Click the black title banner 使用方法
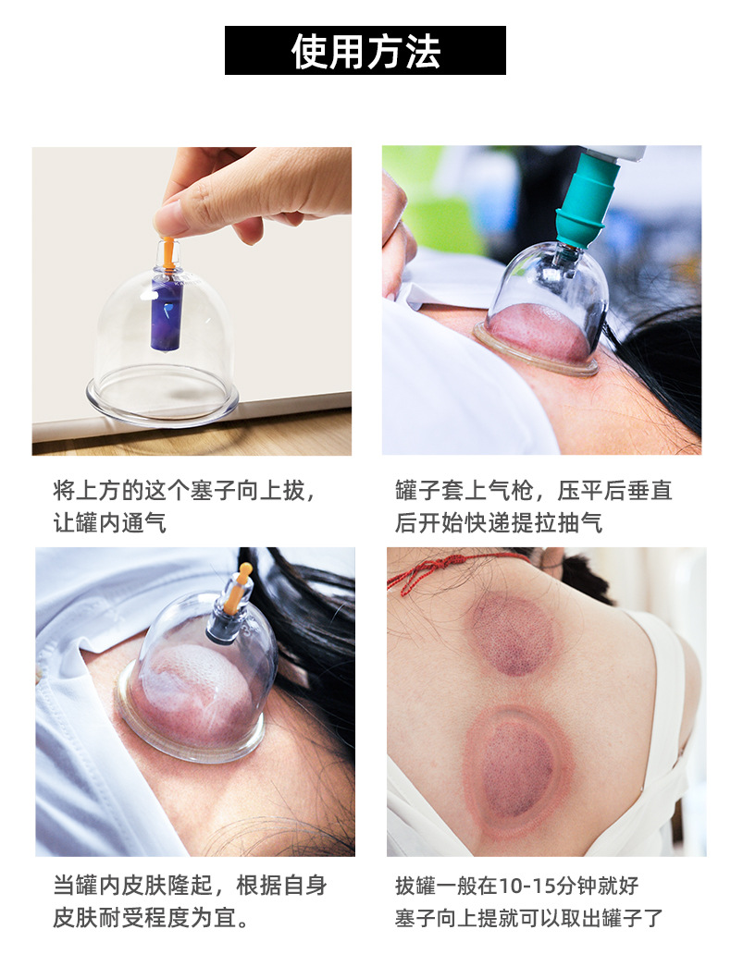(x=365, y=51)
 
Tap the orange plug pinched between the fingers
(x=167, y=251)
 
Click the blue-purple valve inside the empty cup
(x=167, y=312)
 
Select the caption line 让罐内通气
(x=109, y=522)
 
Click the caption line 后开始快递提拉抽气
(x=499, y=522)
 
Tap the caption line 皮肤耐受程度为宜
(x=151, y=918)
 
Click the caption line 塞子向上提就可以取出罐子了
(x=528, y=918)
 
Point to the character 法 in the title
(x=423, y=51)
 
